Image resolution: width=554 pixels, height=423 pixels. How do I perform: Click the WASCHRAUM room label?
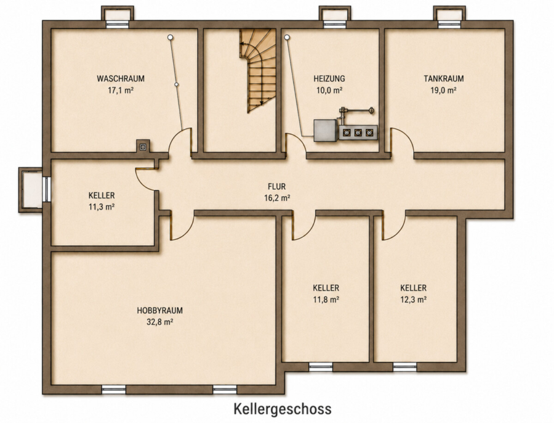click(x=121, y=78)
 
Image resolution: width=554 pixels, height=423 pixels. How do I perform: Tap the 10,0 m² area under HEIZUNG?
click(x=329, y=90)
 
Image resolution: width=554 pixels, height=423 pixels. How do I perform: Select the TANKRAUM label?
click(x=443, y=78)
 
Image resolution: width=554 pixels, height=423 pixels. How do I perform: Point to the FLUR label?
click(x=276, y=186)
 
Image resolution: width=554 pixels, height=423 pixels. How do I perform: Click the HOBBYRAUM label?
click(x=159, y=310)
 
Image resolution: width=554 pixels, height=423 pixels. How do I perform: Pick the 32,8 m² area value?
click(x=159, y=322)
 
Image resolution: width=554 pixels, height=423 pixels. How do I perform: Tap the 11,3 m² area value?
click(x=102, y=207)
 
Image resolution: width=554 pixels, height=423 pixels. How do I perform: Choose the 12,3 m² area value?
click(x=414, y=300)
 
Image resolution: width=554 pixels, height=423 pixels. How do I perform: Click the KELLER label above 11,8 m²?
click(x=326, y=288)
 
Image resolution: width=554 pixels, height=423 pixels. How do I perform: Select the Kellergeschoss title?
click(x=283, y=409)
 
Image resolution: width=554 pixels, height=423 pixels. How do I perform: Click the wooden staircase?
click(x=257, y=71)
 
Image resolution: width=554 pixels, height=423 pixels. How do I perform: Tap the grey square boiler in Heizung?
click(x=326, y=131)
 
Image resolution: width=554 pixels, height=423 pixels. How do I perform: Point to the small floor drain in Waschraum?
click(x=143, y=146)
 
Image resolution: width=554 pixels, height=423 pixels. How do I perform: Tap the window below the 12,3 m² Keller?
click(x=404, y=367)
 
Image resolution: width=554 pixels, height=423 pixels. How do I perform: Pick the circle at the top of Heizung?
click(x=286, y=37)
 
